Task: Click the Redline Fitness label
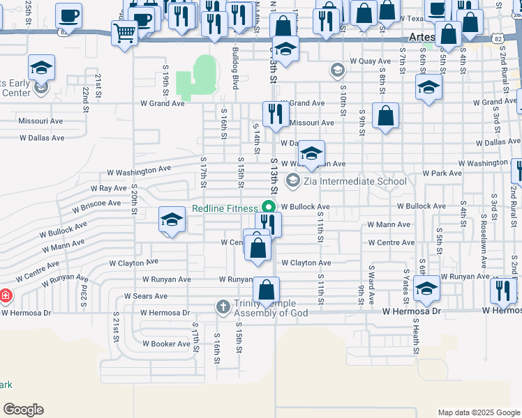click(x=225, y=208)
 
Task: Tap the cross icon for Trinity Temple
click(x=223, y=307)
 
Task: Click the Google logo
click(x=23, y=410)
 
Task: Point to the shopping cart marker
click(x=124, y=31)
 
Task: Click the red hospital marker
click(x=6, y=296)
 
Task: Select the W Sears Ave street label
click(x=147, y=296)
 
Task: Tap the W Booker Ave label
click(x=167, y=343)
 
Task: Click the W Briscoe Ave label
click(x=97, y=206)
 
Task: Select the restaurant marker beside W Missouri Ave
click(x=276, y=114)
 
